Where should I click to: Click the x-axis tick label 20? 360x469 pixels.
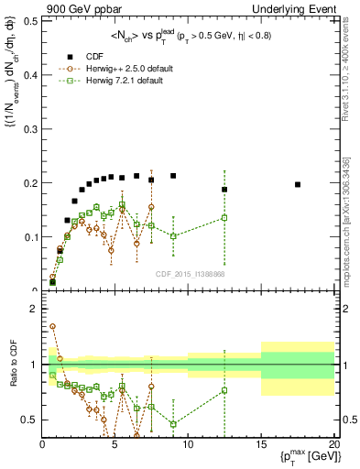(333, 445)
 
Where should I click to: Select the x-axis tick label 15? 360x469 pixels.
(260, 445)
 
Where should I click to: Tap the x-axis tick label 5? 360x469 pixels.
(115, 445)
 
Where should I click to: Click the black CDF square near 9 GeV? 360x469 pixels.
(173, 176)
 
